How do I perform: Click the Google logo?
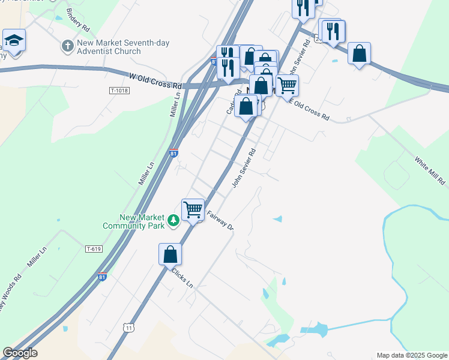tap(20, 353)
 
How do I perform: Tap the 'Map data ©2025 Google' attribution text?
tap(411, 355)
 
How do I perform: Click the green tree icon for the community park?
tap(174, 221)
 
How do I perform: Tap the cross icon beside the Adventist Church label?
tap(67, 45)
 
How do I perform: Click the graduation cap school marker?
tap(14, 40)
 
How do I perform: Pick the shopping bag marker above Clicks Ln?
tap(170, 254)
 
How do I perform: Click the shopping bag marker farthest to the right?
tap(359, 53)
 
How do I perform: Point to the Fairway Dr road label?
tap(219, 222)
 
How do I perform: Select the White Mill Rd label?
tap(430, 170)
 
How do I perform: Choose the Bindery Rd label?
tap(78, 20)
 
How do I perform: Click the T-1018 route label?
tap(119, 91)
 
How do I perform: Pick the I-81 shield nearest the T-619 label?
tap(103, 277)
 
